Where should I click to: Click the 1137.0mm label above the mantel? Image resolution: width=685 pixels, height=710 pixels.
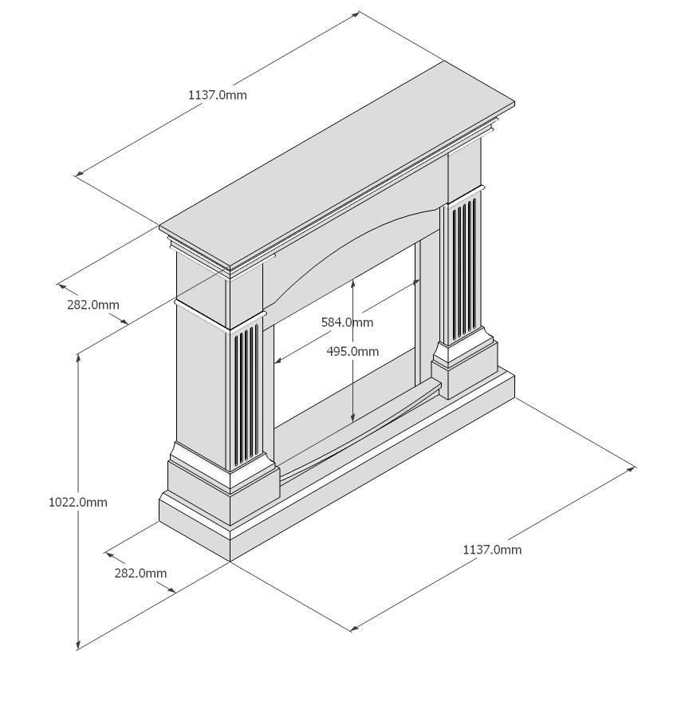pyautogui.click(x=218, y=95)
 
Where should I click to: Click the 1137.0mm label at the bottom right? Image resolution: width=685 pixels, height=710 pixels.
pyautogui.click(x=492, y=550)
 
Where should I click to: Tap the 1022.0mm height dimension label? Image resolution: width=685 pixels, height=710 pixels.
pyautogui.click(x=78, y=502)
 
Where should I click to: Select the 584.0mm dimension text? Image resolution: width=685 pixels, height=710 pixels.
pyautogui.click(x=347, y=322)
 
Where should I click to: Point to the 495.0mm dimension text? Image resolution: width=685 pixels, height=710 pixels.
pyautogui.click(x=352, y=351)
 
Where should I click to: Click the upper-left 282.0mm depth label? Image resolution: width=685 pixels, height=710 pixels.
pyautogui.click(x=93, y=305)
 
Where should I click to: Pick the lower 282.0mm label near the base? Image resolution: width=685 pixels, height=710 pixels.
pyautogui.click(x=140, y=574)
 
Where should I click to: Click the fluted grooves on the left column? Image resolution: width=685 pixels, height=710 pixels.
pyautogui.click(x=246, y=394)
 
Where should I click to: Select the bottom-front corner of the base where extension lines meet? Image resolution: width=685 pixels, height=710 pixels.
pyautogui.click(x=230, y=562)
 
